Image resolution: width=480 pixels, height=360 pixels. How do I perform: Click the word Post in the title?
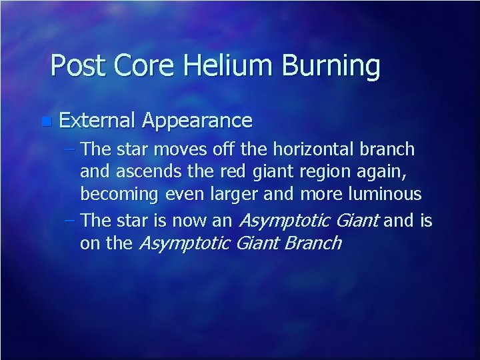point(75,66)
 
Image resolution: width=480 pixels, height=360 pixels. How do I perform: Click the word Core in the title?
point(136,66)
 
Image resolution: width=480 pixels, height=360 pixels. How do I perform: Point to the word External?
point(97,121)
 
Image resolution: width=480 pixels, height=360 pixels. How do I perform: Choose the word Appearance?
point(197,121)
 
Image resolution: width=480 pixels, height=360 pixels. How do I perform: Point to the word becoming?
point(119,195)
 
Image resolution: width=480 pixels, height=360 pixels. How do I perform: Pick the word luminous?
point(387,195)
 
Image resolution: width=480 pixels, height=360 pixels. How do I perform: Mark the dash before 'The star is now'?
point(71,220)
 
